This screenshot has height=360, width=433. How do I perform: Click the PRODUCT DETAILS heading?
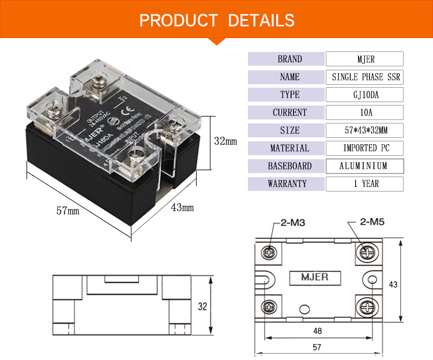point(217,20)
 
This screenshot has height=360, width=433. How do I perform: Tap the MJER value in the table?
point(364,59)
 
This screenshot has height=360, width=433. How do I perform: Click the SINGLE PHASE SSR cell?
point(364,77)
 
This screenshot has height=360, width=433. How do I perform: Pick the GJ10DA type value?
point(364,95)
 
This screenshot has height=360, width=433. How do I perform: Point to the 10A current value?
point(364,112)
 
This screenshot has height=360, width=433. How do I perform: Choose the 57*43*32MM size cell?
point(364,130)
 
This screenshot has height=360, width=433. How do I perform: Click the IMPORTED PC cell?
point(364,148)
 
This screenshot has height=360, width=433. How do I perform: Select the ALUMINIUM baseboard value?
point(364,166)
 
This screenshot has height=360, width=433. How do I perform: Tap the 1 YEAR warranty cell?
point(364,184)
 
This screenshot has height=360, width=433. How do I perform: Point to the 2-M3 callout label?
point(292,222)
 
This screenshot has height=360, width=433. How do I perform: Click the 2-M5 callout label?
point(372,222)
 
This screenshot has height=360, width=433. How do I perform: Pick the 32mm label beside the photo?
point(225,141)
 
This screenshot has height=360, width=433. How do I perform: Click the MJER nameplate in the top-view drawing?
point(314,277)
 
